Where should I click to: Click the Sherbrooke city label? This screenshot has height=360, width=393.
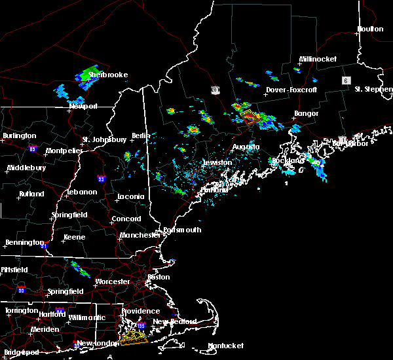[108, 75]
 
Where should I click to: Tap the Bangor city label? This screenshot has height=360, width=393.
[306, 114]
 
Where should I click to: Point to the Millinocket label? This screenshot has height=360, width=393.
[318, 59]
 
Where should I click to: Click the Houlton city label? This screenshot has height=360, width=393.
[369, 29]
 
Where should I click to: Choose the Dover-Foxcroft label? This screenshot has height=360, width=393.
[291, 90]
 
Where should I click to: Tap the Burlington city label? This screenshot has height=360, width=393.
[19, 135]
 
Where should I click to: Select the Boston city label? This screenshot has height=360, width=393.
[159, 277]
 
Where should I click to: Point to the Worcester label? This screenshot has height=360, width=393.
[113, 281]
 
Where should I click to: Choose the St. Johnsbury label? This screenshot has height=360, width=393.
[104, 139]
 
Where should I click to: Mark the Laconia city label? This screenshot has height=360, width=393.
[130, 196]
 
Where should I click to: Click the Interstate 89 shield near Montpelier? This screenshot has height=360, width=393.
[31, 149]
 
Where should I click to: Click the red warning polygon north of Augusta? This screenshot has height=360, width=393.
[250, 117]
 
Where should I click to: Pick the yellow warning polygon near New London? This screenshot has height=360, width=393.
[135, 337]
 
